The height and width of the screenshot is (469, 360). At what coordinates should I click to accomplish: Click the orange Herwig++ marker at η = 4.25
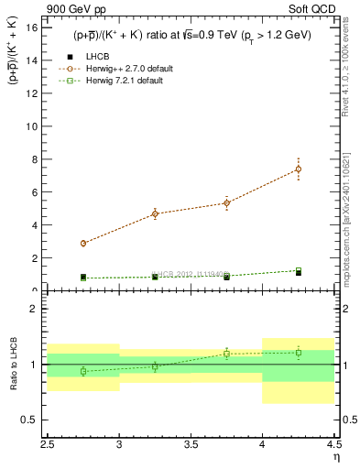pyautogui.click(x=299, y=169)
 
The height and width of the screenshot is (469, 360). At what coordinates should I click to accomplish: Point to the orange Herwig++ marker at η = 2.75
pyautogui.click(x=83, y=244)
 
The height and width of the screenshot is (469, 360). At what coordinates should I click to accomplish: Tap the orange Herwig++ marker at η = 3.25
pyautogui.click(x=155, y=213)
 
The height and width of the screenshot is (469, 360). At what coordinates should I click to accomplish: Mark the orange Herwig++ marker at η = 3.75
pyautogui.click(x=227, y=203)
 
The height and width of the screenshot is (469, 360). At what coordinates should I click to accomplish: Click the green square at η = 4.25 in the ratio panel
pyautogui.click(x=299, y=353)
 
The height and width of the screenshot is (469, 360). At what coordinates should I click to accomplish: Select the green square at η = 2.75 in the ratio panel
pyautogui.click(x=83, y=371)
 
